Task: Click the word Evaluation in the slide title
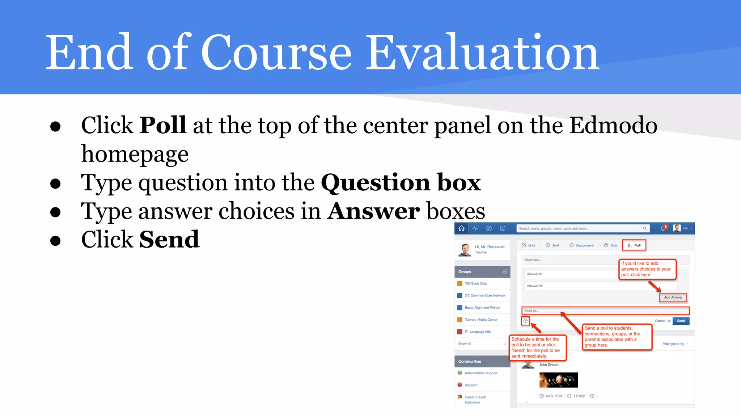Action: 482,54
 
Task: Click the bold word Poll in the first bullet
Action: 163,125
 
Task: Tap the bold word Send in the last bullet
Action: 169,240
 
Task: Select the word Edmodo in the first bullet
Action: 613,125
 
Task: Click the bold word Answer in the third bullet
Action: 374,211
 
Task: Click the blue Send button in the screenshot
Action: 681,321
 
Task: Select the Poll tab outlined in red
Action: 634,245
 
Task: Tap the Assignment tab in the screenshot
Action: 581,245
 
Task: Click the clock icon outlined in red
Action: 525,321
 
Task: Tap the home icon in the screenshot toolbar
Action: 461,228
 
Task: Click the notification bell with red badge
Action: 663,228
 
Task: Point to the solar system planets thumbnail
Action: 558,380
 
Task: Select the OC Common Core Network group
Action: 484,296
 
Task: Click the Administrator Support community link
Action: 480,373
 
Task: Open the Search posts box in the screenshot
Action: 579,228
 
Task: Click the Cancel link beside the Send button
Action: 660,321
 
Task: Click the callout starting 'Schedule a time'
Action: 537,347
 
